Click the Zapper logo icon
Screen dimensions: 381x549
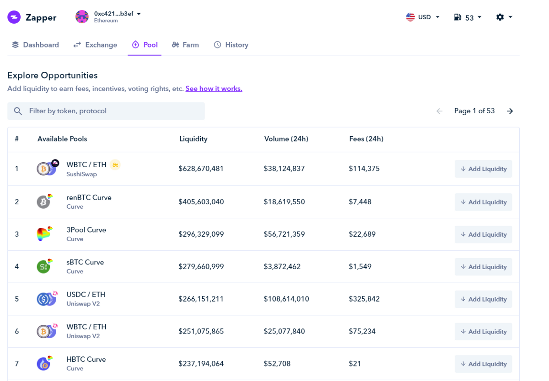pyautogui.click(x=14, y=17)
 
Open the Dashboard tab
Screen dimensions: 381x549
pyautogui.click(x=36, y=45)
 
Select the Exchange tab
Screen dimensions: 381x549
pyautogui.click(x=95, y=45)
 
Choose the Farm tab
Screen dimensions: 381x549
pyautogui.click(x=185, y=45)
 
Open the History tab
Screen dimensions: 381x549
pyautogui.click(x=231, y=45)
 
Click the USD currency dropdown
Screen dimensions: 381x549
pyautogui.click(x=423, y=17)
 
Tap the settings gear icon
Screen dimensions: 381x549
pyautogui.click(x=500, y=17)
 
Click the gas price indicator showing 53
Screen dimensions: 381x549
pyautogui.click(x=468, y=17)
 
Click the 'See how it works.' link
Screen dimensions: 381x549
pyautogui.click(x=214, y=89)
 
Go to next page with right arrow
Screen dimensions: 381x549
pyautogui.click(x=510, y=111)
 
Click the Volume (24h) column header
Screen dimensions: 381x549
pyautogui.click(x=286, y=139)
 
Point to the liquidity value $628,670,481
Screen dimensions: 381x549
pyautogui.click(x=201, y=169)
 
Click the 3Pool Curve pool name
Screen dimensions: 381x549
pyautogui.click(x=86, y=230)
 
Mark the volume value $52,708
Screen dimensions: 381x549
pyautogui.click(x=277, y=364)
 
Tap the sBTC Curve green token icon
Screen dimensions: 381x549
pyautogui.click(x=43, y=267)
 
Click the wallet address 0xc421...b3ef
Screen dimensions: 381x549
pyautogui.click(x=114, y=14)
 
